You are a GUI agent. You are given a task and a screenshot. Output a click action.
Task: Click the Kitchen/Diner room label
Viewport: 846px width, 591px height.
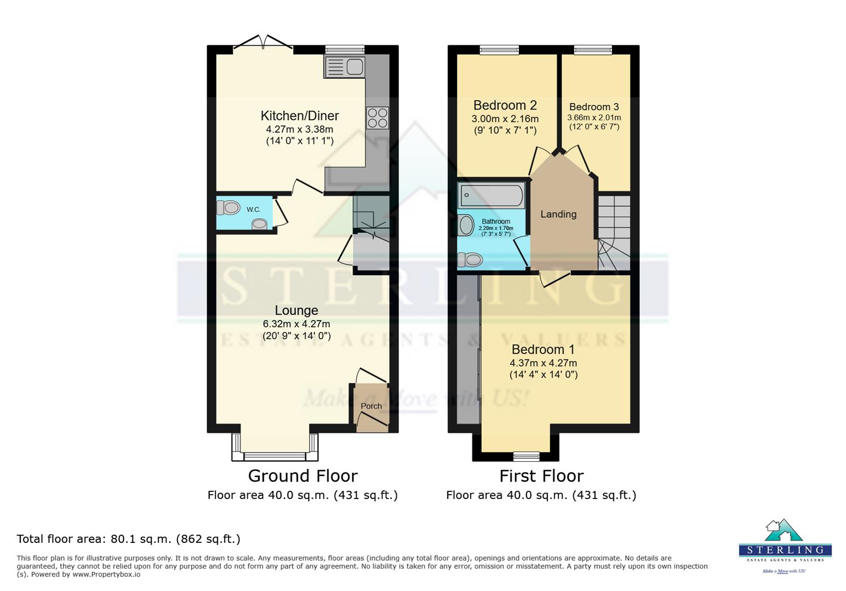coord(299,115)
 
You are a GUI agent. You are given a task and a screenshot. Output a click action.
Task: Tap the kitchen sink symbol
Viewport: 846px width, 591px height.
coord(345,67)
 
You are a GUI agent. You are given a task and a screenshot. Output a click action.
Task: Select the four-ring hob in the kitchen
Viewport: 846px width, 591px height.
coord(378,118)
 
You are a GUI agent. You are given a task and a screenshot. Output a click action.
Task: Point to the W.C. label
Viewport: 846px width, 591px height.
coord(253,210)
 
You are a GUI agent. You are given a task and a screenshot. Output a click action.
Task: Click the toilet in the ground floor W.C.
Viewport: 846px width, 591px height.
coord(229,208)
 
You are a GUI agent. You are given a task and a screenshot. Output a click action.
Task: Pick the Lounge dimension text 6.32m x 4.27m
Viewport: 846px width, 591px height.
coord(296,323)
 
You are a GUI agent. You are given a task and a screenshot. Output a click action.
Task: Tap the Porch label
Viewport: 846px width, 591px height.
coord(371,406)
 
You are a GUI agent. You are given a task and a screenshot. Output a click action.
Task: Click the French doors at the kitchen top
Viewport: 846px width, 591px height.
coord(264,44)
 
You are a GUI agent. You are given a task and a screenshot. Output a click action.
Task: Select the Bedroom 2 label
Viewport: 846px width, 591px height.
coord(505,105)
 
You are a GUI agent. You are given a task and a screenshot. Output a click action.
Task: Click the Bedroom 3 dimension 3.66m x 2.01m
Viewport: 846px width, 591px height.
coord(594,118)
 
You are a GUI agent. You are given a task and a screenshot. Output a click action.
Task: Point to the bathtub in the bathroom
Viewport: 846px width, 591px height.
coord(491,195)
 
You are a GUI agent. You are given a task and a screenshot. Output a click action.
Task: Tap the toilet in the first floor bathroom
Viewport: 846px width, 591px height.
coord(470,259)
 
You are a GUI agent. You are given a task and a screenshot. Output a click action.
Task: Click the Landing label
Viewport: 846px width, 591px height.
coord(558,214)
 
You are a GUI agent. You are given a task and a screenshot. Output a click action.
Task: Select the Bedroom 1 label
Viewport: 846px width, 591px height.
coord(543,349)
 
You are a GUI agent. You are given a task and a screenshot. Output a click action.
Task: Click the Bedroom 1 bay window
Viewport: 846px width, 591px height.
coord(526,455)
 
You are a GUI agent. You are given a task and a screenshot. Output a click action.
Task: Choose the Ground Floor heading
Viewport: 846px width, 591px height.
coord(302,476)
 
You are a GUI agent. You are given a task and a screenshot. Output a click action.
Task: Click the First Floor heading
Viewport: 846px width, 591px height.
coord(541,476)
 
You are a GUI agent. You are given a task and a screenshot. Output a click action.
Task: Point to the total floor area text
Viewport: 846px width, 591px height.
coord(129,539)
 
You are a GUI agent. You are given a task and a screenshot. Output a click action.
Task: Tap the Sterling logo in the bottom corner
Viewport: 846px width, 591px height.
coord(785,545)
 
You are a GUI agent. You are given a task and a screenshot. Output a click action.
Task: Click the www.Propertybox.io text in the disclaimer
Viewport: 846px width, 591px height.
coord(106,575)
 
